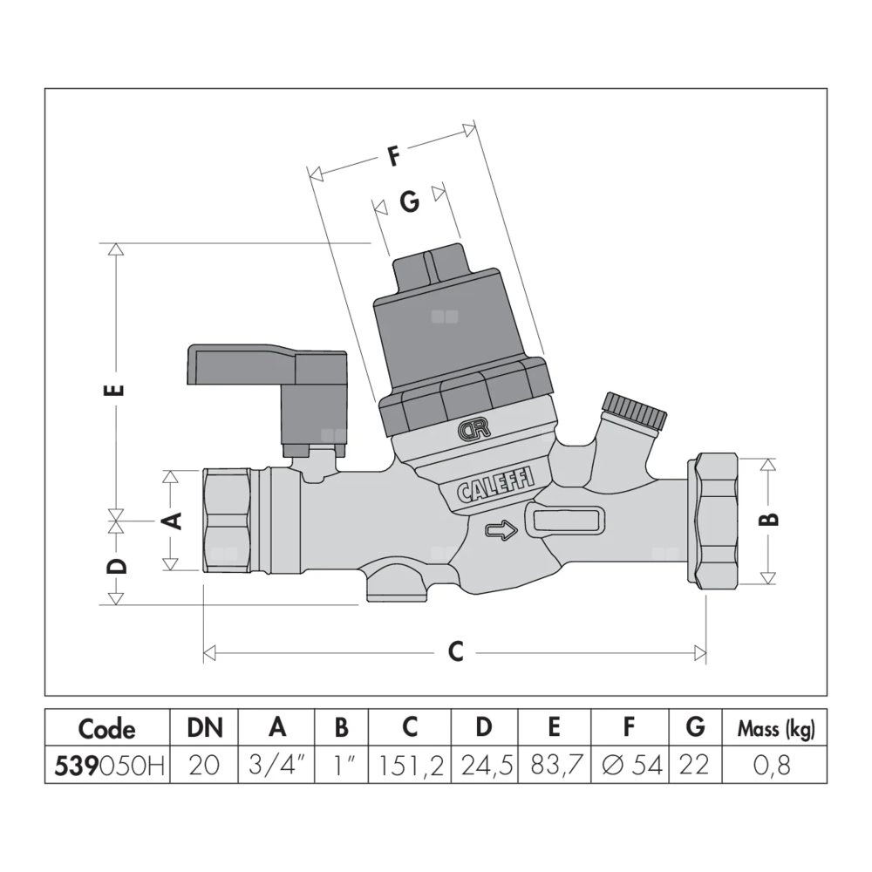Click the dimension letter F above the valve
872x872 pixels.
click(393, 157)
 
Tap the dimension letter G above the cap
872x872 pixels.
click(409, 201)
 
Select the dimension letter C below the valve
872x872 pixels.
click(454, 652)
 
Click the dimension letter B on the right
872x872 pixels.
click(771, 519)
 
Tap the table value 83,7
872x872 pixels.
click(555, 766)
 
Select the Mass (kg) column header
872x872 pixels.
click(775, 730)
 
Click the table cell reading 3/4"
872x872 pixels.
click(277, 766)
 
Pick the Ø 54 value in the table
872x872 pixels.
click(630, 766)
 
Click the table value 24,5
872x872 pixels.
click(484, 766)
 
